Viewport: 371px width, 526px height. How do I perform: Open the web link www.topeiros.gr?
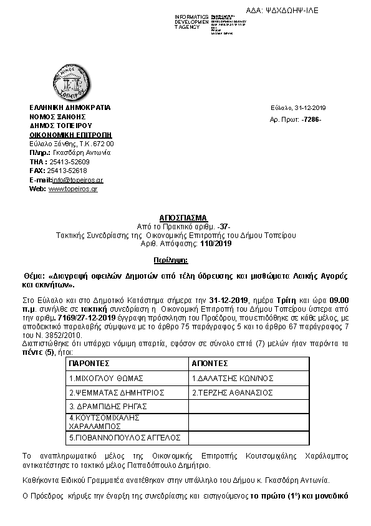73,189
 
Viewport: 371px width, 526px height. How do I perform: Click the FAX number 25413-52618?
67,171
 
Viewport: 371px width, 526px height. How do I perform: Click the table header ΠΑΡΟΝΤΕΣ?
90,362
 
